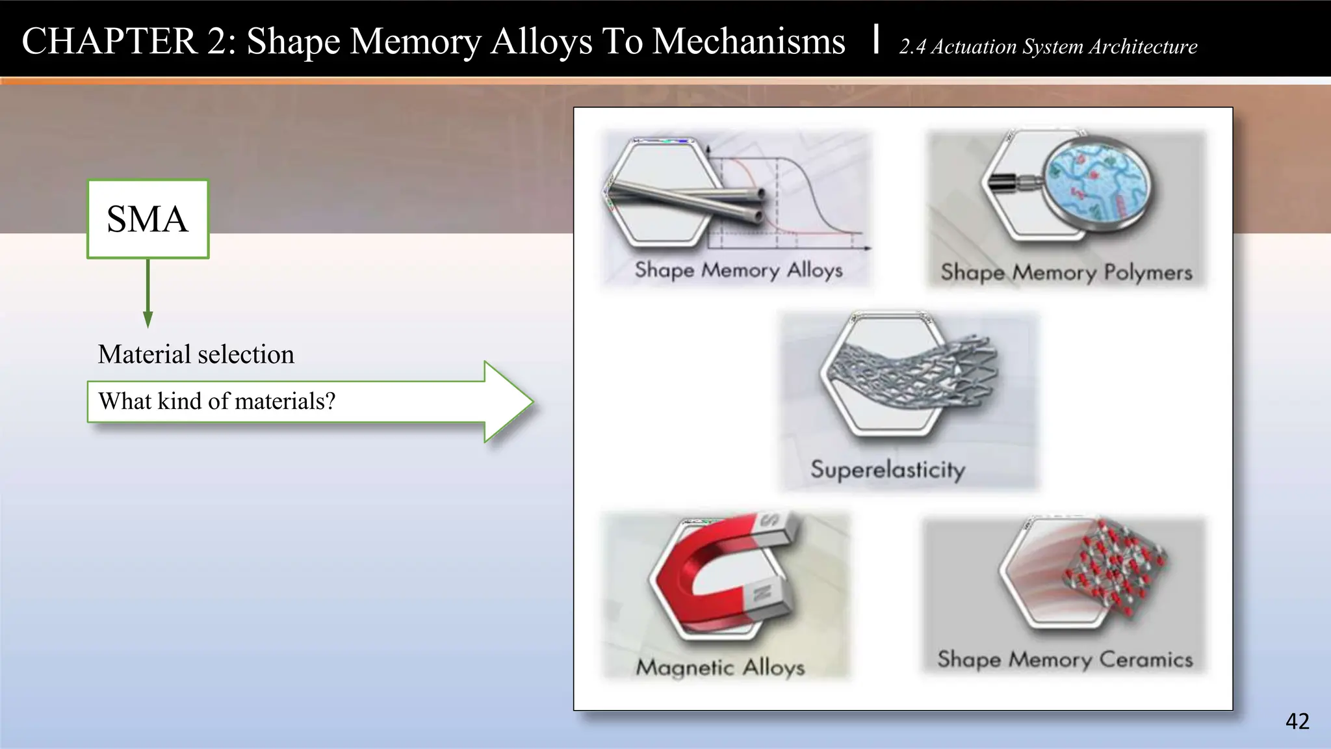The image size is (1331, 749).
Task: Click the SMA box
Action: tap(148, 219)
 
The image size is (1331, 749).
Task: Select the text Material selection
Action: tap(196, 354)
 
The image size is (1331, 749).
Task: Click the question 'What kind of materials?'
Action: tap(216, 401)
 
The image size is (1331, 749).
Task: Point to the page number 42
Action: tap(1297, 721)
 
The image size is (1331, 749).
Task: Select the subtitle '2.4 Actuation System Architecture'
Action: tap(1048, 47)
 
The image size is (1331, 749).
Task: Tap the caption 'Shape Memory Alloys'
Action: tap(738, 270)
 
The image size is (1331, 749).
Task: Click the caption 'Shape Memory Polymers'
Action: tap(1066, 272)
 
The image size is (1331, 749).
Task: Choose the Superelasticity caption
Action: tap(887, 469)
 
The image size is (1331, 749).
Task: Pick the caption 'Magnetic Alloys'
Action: tap(720, 668)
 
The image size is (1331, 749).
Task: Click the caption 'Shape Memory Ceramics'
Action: tap(1065, 660)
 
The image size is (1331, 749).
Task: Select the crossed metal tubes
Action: tap(689, 198)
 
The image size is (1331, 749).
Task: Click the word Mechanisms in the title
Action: tap(749, 41)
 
